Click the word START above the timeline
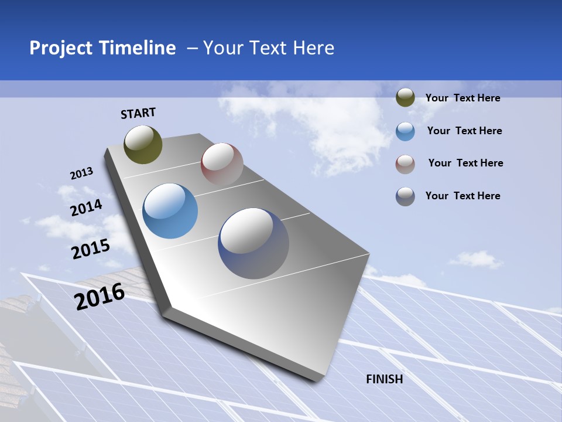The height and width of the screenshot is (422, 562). [x=138, y=113]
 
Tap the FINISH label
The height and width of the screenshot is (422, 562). [x=385, y=379]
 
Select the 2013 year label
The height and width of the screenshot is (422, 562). [x=81, y=173]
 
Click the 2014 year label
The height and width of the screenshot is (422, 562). [x=86, y=207]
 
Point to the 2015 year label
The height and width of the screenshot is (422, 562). [x=90, y=249]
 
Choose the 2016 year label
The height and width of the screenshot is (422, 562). [x=100, y=297]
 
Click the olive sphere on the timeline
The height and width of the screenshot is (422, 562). [x=143, y=144]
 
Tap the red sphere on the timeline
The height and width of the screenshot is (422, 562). [x=222, y=164]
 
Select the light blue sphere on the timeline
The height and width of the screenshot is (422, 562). [x=170, y=211]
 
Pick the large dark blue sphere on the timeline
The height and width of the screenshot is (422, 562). [x=253, y=243]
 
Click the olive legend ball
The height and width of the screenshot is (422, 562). [x=405, y=98]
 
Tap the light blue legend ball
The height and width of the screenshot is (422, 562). [x=405, y=131]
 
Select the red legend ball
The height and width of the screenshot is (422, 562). [x=405, y=164]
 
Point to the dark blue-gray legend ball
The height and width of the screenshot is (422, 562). [x=405, y=196]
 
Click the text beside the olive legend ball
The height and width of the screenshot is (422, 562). [x=462, y=98]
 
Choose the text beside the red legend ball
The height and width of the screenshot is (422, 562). [x=465, y=163]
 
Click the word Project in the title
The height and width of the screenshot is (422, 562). [x=61, y=48]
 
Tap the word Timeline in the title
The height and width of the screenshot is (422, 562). [x=138, y=48]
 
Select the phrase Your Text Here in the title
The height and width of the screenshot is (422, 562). [x=269, y=48]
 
